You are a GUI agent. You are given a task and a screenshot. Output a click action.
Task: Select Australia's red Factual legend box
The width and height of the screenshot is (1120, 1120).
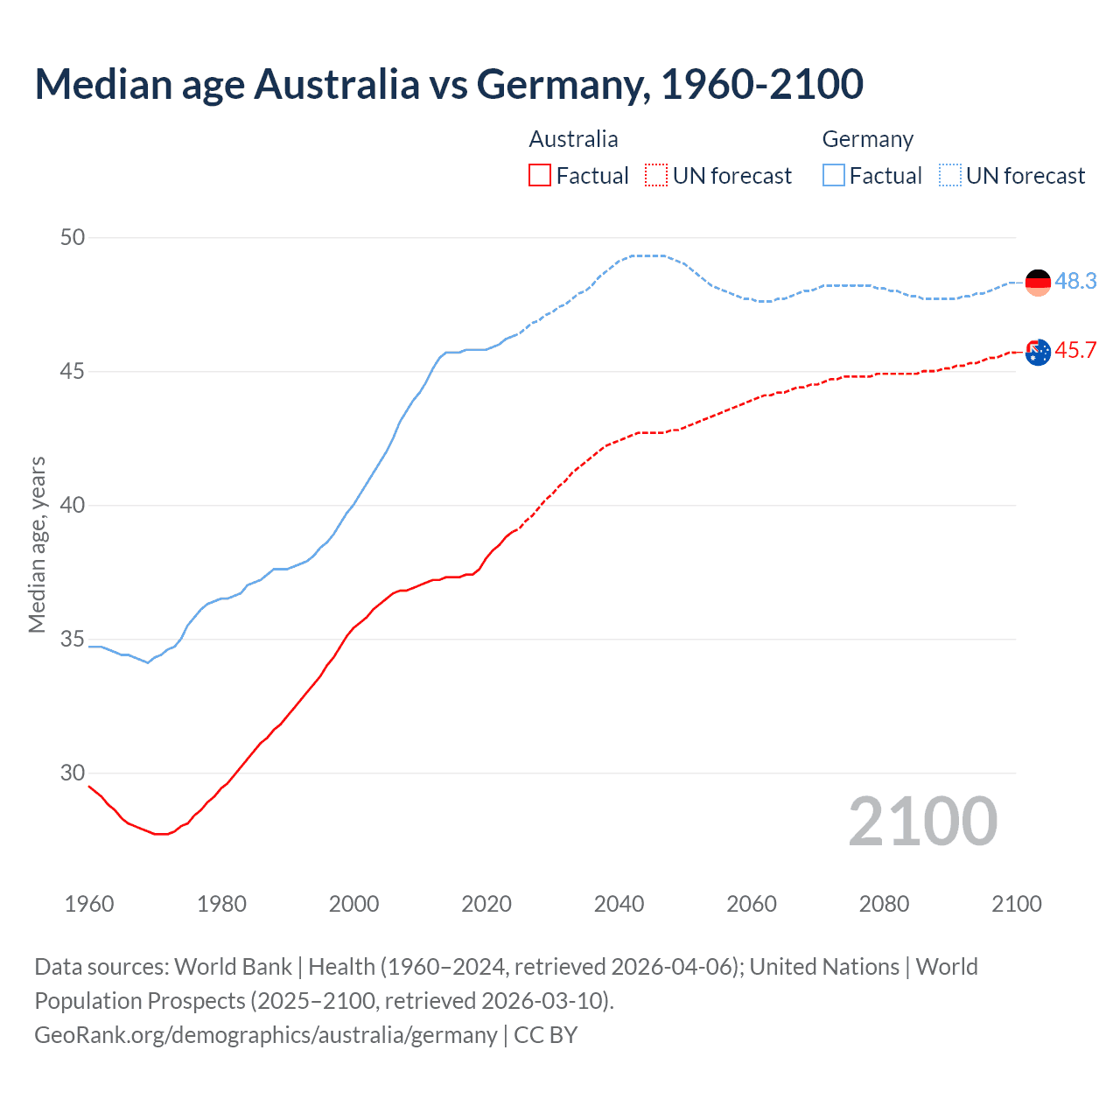tap(540, 176)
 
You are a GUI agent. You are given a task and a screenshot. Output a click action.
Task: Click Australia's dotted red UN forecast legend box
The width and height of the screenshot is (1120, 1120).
tap(656, 176)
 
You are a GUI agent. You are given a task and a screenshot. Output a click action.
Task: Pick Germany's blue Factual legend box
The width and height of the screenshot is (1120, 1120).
tap(833, 176)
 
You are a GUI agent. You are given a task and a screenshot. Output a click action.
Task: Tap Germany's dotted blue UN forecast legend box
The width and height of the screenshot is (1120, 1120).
tap(949, 176)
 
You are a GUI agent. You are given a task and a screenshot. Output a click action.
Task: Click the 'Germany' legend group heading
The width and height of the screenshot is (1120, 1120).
tap(867, 139)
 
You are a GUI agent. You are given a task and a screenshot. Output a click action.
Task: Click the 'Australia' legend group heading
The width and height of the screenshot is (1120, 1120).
tap(573, 139)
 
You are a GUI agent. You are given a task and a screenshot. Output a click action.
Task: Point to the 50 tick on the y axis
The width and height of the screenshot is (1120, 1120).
tap(73, 237)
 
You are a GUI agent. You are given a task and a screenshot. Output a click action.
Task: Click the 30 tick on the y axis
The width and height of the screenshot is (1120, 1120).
tap(73, 773)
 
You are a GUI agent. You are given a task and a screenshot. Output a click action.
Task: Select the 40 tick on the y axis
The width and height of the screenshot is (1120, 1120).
tap(73, 506)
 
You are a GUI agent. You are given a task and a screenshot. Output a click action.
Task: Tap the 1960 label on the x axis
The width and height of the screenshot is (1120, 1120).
tap(89, 904)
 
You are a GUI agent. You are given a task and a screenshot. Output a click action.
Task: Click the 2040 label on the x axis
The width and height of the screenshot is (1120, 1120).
tap(619, 904)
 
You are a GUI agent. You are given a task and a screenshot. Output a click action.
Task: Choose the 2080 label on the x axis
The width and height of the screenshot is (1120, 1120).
tap(884, 904)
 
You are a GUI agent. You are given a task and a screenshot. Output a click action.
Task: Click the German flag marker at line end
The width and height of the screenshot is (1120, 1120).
tap(1038, 282)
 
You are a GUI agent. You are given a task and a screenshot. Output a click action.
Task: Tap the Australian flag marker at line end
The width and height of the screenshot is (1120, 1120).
tap(1038, 353)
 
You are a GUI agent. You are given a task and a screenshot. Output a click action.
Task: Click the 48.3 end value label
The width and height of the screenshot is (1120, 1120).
tap(1075, 281)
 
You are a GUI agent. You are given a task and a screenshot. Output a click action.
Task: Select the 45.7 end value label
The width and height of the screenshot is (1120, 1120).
tap(1075, 350)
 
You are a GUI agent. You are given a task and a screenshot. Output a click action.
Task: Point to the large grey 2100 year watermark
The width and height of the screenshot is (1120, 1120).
tap(923, 822)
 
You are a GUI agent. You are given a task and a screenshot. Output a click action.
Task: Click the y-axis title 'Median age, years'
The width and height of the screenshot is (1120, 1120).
tap(37, 544)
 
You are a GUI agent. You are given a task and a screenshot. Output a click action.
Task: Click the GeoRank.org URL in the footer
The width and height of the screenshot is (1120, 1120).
tap(265, 1034)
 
